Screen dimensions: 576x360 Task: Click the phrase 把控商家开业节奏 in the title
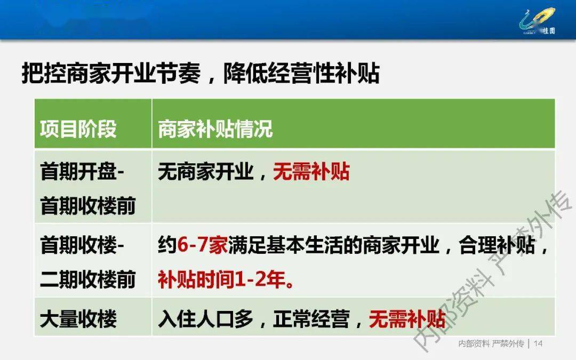coord(111,73)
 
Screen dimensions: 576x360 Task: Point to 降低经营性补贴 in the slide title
coord(301,73)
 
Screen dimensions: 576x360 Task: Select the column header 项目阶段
coord(78,129)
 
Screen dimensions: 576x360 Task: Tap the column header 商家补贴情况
coord(215,129)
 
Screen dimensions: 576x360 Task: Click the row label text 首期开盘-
coord(82,171)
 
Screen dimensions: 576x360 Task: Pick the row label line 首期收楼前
coord(88,205)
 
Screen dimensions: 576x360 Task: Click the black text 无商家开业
coord(206,171)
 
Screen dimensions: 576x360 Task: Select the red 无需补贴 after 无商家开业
coord(311,171)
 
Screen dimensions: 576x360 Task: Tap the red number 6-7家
coord(203,245)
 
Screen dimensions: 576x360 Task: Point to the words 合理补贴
coord(497,245)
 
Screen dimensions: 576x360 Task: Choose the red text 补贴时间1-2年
coord(222,279)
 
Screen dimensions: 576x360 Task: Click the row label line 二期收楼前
coord(88,279)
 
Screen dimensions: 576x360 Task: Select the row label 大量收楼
coord(78,318)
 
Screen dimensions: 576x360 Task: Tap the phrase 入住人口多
coord(206,318)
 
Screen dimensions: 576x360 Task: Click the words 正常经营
coord(311,318)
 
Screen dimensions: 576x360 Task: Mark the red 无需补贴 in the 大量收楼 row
coord(407,318)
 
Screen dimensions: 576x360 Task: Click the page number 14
coord(538,343)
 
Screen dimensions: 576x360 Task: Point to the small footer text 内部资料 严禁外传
coord(491,343)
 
